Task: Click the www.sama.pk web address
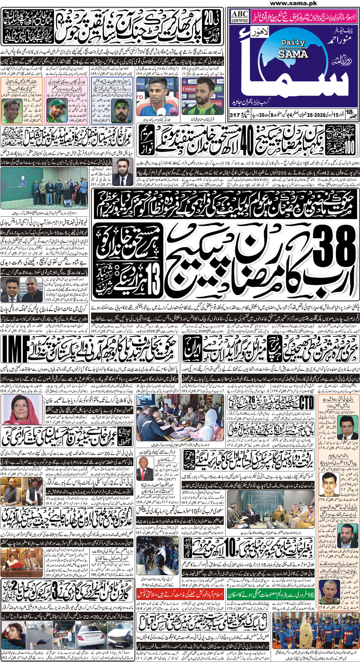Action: tap(293, 3)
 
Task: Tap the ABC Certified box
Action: tap(240, 16)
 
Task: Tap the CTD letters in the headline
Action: tap(306, 403)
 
